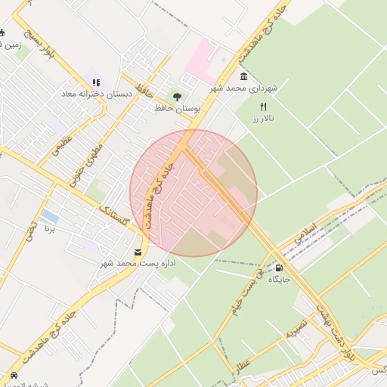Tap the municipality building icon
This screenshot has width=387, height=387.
coord(243,77)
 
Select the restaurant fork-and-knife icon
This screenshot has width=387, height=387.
coord(264,107)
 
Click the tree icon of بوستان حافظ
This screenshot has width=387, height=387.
coord(178,97)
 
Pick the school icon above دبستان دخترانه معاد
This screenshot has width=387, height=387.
coord(95,82)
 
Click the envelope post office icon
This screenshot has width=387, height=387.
coord(138,252)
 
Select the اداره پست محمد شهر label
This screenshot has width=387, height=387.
coord(138,264)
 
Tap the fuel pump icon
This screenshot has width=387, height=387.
coord(280,268)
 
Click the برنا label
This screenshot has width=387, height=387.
coord(50,228)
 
